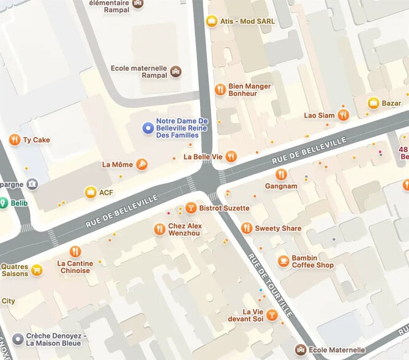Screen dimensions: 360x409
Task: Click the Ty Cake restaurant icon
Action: (15, 140)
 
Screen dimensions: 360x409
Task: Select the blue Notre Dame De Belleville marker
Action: (148, 128)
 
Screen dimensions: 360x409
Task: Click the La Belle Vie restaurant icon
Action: (231, 157)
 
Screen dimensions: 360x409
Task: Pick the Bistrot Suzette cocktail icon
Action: (191, 208)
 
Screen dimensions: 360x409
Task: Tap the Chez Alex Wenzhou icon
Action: (159, 229)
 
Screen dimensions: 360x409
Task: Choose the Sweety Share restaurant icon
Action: (246, 228)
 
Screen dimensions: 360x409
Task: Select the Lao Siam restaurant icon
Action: (343, 115)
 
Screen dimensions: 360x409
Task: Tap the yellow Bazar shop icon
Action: (373, 103)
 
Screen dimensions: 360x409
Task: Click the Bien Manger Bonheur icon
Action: (220, 90)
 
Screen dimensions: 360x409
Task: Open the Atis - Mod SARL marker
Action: (212, 21)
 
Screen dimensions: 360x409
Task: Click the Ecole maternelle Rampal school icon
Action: (176, 72)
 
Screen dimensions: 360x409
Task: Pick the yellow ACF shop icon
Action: (91, 192)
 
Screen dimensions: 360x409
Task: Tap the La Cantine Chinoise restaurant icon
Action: (75, 252)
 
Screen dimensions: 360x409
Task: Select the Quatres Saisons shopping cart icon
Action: (37, 270)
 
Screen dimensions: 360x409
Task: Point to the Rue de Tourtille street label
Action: (270, 285)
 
